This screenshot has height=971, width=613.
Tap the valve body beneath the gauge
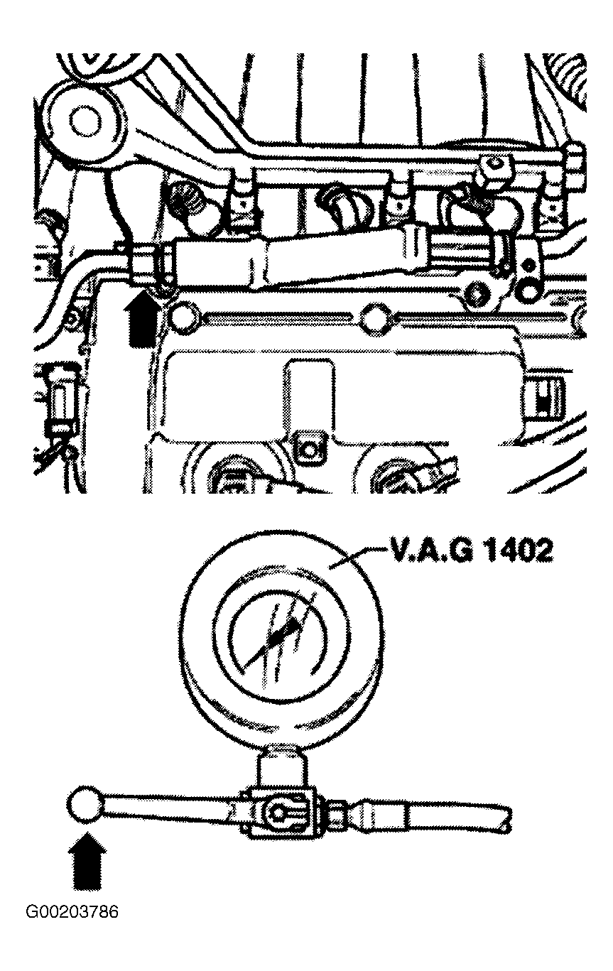coord(280,812)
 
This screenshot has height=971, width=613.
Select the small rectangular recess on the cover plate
coord(309,390)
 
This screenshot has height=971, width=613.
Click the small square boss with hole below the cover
coord(310,451)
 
